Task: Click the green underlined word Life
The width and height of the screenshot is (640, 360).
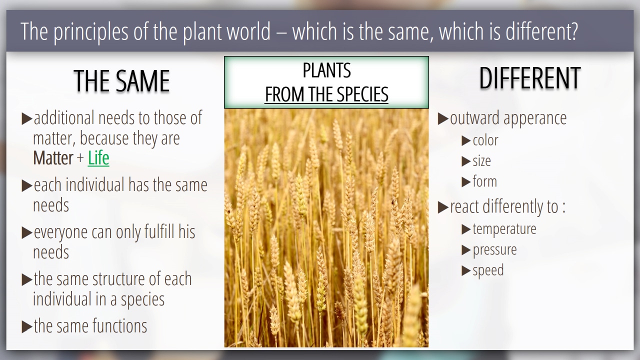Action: click(98, 158)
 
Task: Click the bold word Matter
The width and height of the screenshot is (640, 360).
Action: click(53, 158)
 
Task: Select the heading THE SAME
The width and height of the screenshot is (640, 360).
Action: click(121, 81)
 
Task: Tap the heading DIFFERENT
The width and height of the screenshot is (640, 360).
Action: click(530, 78)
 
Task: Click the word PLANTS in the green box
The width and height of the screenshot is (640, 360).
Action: click(326, 70)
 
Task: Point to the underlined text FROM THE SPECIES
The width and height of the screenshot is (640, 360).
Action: click(326, 94)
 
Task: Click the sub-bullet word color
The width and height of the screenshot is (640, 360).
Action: click(485, 140)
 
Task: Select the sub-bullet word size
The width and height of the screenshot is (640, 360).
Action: click(481, 161)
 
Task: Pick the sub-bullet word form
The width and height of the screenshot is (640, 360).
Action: click(485, 181)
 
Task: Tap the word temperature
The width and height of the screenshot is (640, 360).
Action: click(504, 229)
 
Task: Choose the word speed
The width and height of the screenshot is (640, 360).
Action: click(488, 270)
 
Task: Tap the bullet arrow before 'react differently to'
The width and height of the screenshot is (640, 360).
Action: click(443, 207)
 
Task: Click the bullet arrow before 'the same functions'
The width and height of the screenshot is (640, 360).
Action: click(27, 327)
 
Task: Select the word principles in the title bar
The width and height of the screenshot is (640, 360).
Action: click(91, 31)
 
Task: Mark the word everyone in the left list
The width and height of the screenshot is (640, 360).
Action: click(61, 232)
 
